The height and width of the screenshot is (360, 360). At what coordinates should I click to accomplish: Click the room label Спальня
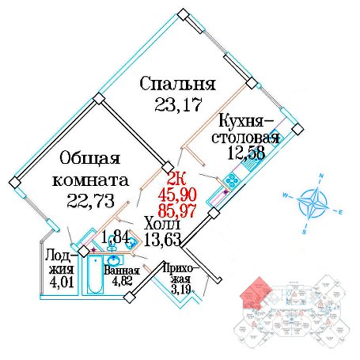coord(177,84)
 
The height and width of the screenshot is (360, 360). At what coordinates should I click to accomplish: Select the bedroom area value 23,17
coord(178,104)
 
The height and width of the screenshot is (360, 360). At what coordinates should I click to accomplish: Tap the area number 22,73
coord(90,200)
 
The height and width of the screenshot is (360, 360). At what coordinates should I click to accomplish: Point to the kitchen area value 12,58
coord(246,153)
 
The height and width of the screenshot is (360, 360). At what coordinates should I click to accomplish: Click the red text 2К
coord(176,180)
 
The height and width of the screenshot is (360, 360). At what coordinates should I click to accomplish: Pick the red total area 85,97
coord(177,210)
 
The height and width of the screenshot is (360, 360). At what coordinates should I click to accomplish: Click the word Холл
coord(162,224)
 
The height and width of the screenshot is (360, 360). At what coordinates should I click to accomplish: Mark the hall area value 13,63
coord(162,240)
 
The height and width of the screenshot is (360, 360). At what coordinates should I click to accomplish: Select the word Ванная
coord(122,271)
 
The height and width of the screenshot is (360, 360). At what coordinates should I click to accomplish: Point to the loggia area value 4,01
coord(61,282)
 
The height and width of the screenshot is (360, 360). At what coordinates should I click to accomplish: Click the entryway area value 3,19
coord(180,290)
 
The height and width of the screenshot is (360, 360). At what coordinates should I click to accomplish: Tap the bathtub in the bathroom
coord(95,275)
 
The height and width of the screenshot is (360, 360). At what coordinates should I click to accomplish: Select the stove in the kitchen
coord(231,180)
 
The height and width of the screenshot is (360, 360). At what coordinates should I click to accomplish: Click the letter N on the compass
coord(321,176)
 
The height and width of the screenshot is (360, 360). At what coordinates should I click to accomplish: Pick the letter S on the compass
coord(305,232)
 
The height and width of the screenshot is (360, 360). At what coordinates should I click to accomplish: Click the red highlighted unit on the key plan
coord(254,294)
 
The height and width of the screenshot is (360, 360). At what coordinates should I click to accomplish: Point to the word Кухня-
coord(245,122)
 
